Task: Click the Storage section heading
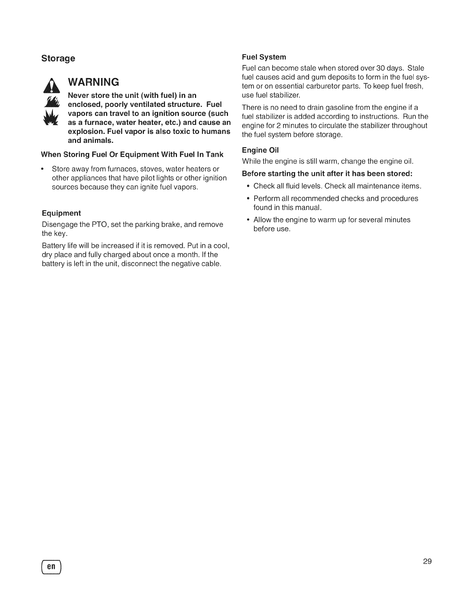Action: point(58,58)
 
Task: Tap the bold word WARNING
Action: point(93,82)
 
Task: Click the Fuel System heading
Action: point(264,57)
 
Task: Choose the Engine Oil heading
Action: point(260,150)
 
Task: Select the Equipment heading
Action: point(61,213)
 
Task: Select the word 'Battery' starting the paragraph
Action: point(53,246)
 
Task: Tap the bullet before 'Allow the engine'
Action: point(248,220)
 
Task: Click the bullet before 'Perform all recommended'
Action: point(248,198)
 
